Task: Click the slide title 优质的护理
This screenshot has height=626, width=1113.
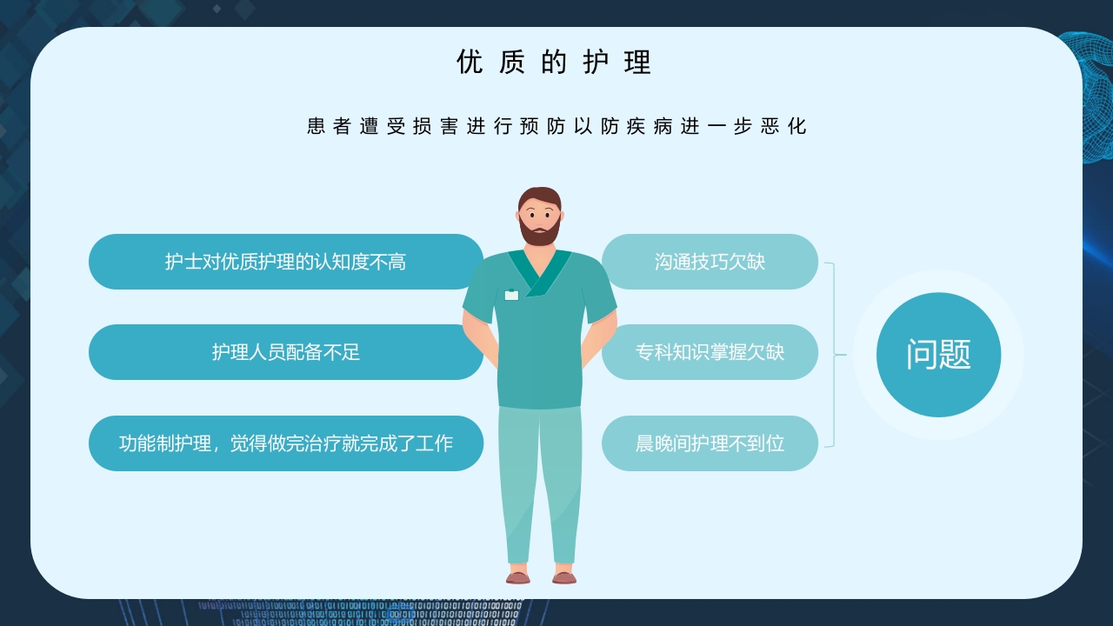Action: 555,63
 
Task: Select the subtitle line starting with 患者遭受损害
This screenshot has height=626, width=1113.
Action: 556,126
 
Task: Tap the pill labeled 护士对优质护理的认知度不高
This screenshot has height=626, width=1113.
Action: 285,262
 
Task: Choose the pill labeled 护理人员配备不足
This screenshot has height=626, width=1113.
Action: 285,352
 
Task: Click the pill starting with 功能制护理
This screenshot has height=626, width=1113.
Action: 285,443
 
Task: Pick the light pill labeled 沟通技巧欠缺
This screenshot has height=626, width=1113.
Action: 710,262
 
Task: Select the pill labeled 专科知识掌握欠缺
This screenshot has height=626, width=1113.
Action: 710,352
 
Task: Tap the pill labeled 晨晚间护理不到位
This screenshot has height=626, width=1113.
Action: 710,443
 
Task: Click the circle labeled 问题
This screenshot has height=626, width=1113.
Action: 938,355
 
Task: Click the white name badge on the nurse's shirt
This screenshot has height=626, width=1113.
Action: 511,295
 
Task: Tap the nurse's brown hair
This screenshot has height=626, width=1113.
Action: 539,196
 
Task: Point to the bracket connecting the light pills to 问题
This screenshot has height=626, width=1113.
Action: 832,355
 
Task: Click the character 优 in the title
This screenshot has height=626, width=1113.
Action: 470,63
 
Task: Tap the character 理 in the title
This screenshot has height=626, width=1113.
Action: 638,63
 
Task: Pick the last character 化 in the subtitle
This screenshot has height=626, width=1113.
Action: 797,126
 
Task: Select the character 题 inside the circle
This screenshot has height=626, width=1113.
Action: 955,355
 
